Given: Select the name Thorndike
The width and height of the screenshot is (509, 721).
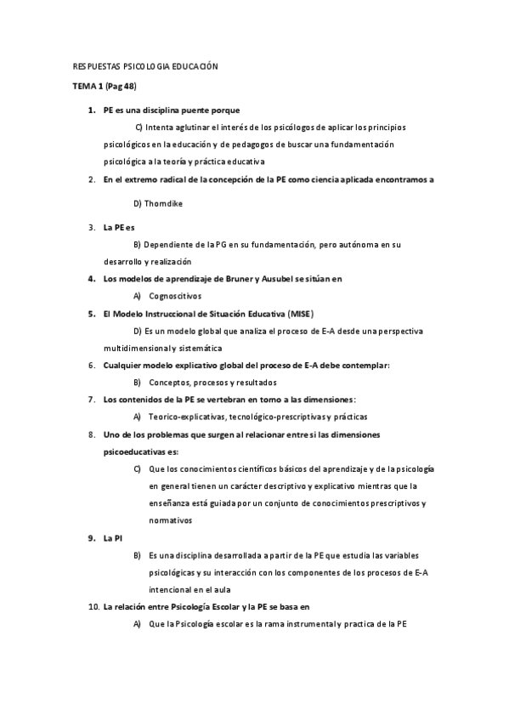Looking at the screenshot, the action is (163, 204).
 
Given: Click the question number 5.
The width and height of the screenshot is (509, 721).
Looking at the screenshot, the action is (92, 313).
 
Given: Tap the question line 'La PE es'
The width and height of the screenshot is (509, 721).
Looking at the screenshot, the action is (118, 227).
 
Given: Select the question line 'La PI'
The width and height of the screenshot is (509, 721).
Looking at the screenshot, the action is (112, 538).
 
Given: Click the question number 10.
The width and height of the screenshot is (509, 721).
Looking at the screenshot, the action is (93, 608).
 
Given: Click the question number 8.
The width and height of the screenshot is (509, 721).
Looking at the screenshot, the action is (92, 434).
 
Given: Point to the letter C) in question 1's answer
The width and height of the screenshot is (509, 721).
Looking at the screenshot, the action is (140, 127).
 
